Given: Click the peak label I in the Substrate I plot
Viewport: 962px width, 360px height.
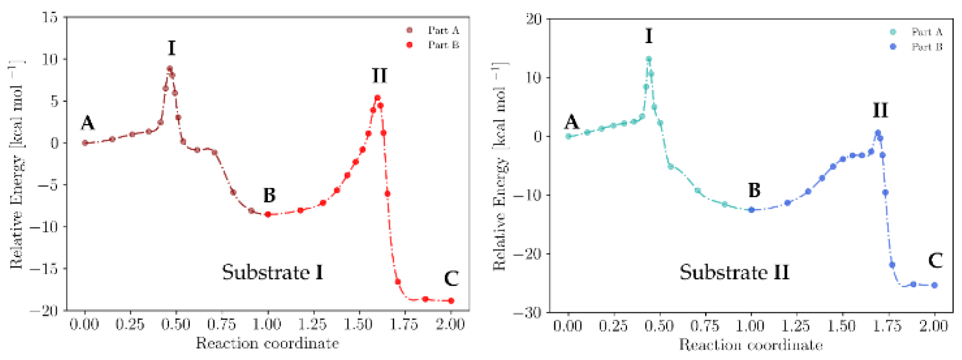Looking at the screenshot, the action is (x=171, y=48).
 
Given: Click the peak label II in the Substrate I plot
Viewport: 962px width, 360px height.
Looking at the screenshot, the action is (x=380, y=76).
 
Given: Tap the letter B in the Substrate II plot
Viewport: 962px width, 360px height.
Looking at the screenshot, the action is (x=754, y=190).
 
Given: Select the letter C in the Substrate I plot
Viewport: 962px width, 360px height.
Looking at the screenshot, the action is (x=451, y=279).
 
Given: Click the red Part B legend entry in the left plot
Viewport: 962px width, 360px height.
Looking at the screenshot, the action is (x=433, y=45).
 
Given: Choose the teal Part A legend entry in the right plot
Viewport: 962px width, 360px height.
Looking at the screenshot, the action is (x=917, y=32).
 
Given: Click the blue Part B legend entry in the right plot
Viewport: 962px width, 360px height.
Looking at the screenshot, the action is (x=917, y=47).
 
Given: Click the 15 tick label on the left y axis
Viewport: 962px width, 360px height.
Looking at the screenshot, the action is (x=50, y=17).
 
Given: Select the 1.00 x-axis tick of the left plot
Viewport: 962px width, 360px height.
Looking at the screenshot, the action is (x=268, y=324).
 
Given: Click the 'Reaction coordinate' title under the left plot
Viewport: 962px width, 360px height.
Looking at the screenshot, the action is (x=267, y=343).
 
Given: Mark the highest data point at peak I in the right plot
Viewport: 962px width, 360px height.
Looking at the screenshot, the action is (x=649, y=59).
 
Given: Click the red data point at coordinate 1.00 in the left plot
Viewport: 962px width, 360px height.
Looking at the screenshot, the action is (x=268, y=214).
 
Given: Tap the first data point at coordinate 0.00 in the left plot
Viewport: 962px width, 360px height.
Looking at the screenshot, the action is (x=85, y=143).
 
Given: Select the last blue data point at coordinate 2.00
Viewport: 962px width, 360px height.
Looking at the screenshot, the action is (x=934, y=285).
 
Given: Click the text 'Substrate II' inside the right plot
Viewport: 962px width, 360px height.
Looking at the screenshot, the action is (x=734, y=272).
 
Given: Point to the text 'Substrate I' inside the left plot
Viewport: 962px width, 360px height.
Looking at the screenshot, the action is (x=273, y=272).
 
